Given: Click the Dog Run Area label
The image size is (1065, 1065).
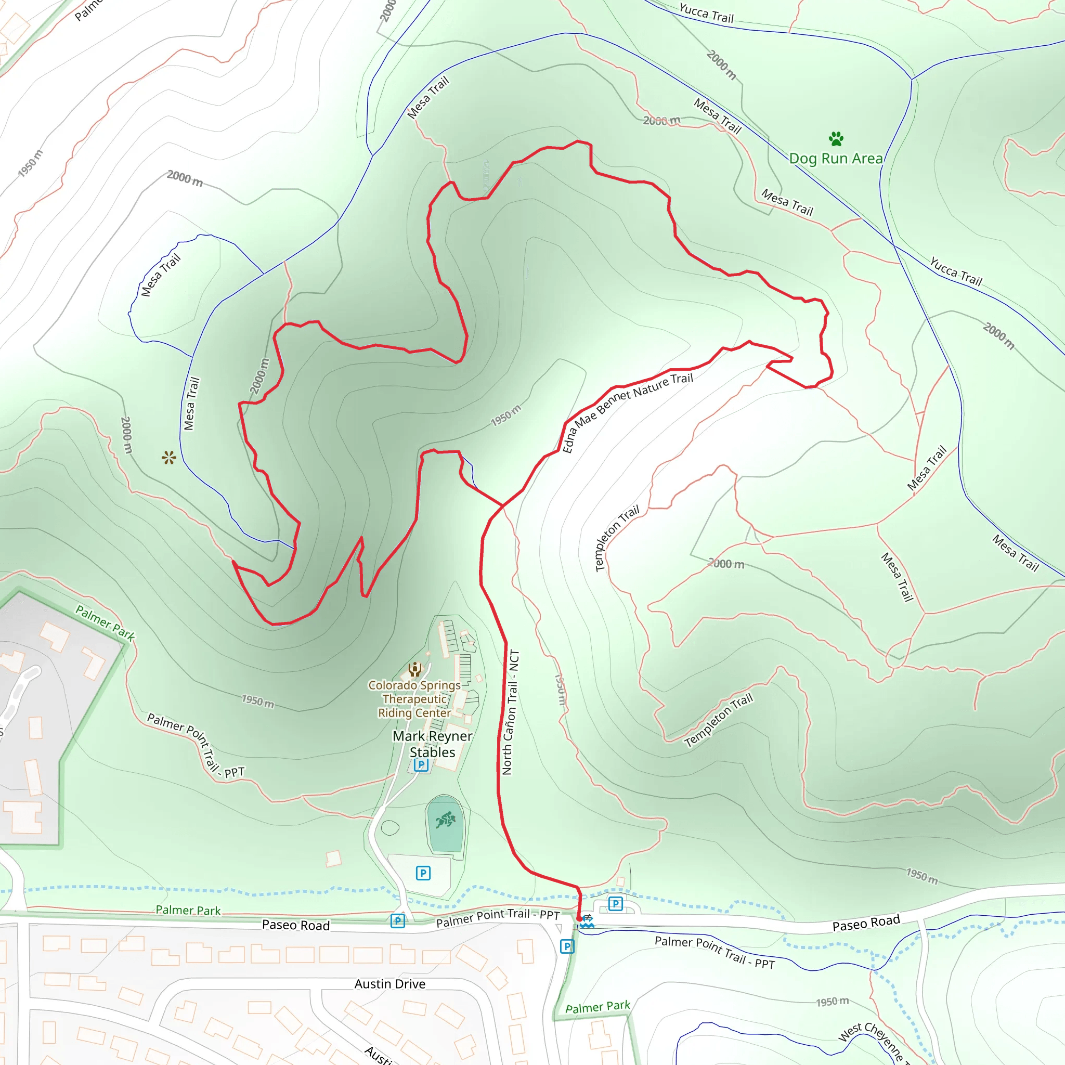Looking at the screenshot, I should click(836, 159).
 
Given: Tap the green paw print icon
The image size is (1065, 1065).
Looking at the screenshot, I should click(836, 138).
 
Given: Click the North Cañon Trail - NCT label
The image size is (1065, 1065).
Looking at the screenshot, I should click(510, 712).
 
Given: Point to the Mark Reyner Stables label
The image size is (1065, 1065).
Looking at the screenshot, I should click(432, 744).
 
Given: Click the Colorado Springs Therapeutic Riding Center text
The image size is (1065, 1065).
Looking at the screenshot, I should click(414, 699).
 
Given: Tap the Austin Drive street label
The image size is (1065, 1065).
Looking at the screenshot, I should click(389, 984).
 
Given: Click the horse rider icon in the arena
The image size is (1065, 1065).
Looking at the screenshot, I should click(446, 820).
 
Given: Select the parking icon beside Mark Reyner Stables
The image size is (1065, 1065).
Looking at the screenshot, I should click(421, 764).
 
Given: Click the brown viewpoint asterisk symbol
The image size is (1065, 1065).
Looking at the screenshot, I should click(168, 458).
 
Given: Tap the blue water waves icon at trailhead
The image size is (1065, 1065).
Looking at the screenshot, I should click(587, 921).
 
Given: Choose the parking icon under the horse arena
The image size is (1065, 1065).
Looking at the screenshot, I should click(423, 873).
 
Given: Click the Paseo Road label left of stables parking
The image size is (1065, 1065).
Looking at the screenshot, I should click(295, 925).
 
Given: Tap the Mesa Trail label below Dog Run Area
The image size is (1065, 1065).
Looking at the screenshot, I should click(787, 202).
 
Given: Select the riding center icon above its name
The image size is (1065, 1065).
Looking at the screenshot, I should click(414, 669).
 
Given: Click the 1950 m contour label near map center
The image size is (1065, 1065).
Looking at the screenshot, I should click(505, 415).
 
